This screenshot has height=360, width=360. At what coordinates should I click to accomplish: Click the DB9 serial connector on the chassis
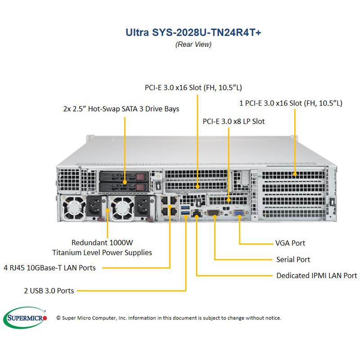pyautogui.click(x=214, y=212)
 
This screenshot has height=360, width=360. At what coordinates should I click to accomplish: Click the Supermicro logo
pyautogui.click(x=26, y=318)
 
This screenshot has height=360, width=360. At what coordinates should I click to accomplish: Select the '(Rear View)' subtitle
pyautogui.click(x=193, y=44)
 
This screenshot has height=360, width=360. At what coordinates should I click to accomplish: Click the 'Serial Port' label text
pyautogui.click(x=293, y=259)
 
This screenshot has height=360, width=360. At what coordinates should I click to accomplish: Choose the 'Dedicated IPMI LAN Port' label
pyautogui.click(x=317, y=275)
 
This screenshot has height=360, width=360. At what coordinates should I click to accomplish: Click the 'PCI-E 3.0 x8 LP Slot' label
pyautogui.click(x=234, y=121)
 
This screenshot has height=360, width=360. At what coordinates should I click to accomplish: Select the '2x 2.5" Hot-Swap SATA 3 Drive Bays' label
pyautogui.click(x=121, y=109)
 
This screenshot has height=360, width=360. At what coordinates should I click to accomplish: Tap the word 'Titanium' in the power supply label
pyautogui.click(x=67, y=252)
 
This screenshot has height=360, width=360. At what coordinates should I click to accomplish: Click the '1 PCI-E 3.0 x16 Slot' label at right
pyautogui.click(x=290, y=103)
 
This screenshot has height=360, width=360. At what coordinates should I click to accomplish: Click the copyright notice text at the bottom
pyautogui.click(x=169, y=318)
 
